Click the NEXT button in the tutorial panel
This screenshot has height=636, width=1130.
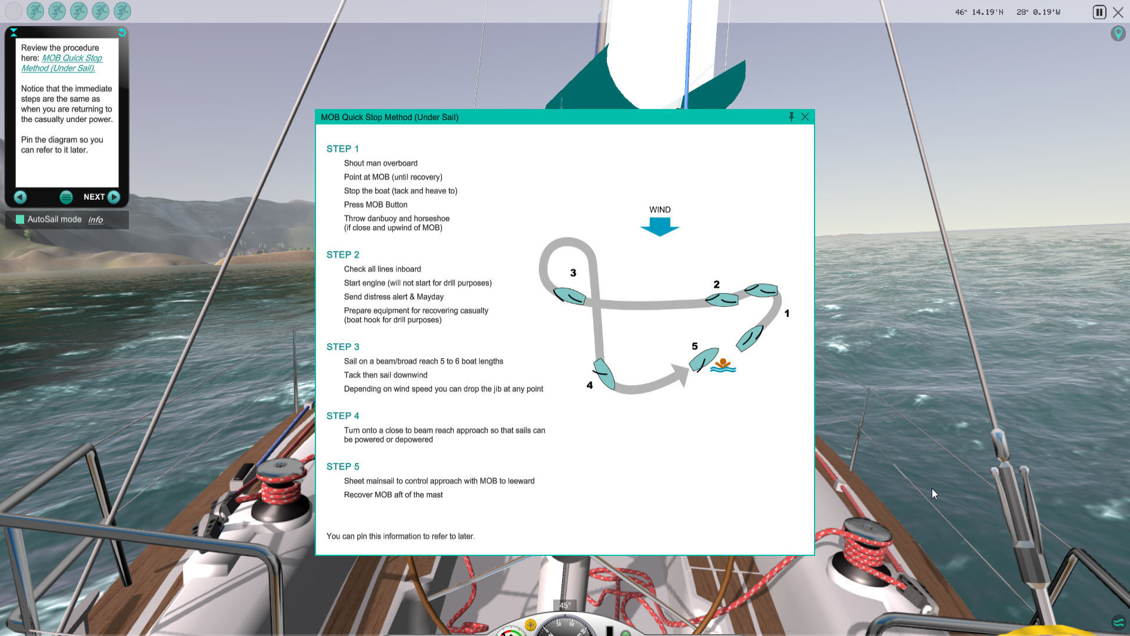point(102,197)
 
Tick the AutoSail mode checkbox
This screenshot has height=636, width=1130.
point(20,219)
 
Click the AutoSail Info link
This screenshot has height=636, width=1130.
point(95,220)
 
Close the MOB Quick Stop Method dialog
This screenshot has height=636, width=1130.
point(805,117)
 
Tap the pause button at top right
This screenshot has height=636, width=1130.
point(1099,12)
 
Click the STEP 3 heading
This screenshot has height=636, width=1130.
point(343,347)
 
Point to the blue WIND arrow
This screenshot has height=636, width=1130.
point(660,226)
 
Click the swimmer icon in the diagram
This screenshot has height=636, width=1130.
point(723,366)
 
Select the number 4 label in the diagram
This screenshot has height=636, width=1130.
point(589,385)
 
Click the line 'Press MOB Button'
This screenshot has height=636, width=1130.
point(375,204)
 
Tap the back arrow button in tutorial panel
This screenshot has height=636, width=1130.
point(20,197)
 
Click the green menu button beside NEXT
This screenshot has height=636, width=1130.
point(66,197)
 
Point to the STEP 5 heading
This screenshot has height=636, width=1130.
point(343,466)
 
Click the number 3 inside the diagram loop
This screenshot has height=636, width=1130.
point(573,273)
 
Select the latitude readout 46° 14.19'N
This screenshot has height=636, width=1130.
point(979,12)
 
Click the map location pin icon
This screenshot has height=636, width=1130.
point(1118,33)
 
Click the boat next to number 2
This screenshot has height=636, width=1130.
point(722,299)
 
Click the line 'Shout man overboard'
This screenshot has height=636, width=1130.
point(380,163)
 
